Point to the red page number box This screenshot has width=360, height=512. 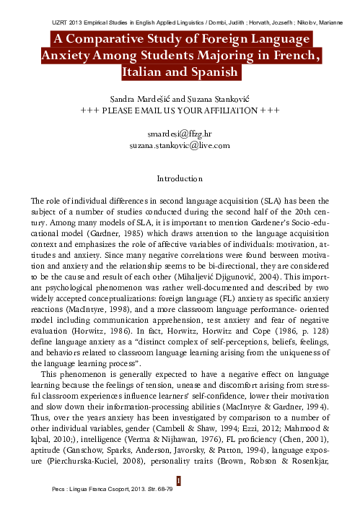tap(180, 480)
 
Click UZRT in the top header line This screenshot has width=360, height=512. tap(65, 15)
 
